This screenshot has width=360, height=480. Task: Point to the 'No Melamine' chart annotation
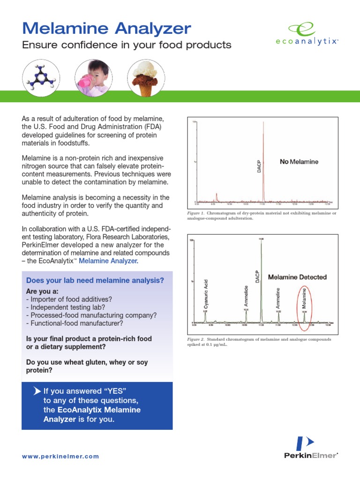click(x=299, y=162)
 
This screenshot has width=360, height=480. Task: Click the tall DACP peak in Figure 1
click(x=263, y=159)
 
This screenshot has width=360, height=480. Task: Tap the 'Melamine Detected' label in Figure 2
click(x=297, y=277)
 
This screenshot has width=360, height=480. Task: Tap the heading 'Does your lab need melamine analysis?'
click(x=95, y=280)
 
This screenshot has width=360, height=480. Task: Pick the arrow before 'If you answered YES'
click(x=37, y=391)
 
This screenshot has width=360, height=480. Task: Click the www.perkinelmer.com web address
click(x=60, y=456)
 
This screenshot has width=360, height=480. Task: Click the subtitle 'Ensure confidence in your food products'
click(x=127, y=45)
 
